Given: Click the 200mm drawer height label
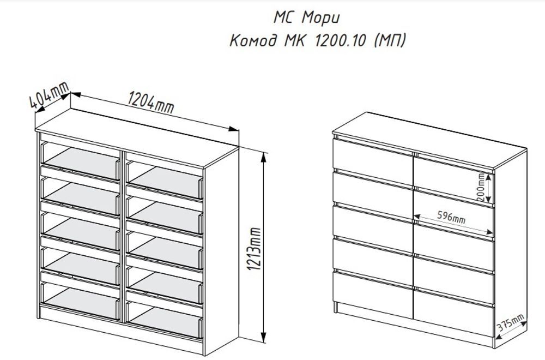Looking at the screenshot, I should (x=481, y=188).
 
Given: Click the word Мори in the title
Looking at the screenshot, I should (x=323, y=17).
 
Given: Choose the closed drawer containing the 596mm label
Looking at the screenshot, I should (x=454, y=221).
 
